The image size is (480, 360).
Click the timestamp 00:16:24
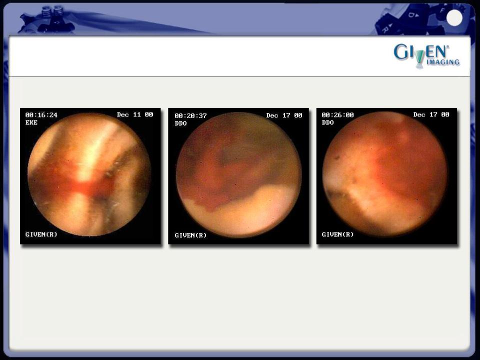pos(41,115)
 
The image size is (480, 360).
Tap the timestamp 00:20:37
pos(190,116)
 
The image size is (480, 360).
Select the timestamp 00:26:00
pos(337,115)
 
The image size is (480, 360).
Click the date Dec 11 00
pos(135,114)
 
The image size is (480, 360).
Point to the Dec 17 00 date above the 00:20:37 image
pos(284,115)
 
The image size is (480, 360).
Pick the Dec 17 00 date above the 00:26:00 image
pos(431,114)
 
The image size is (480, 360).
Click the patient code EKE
pos(31,122)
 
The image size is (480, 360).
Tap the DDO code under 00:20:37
pos(180,123)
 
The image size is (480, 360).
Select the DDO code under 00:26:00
pos(327,122)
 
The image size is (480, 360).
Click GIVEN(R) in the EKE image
pos(41,234)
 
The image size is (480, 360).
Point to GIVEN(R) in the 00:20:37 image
pos(190,235)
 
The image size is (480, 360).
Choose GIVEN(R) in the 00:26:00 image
pos(337,234)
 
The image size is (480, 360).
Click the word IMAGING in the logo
pos(443,62)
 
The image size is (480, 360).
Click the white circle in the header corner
pos(454,18)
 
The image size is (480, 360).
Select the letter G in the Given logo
pos(400,51)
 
